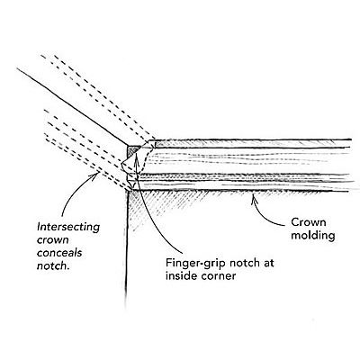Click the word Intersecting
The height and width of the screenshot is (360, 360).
[x=68, y=227]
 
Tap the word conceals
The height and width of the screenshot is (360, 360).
[x=59, y=253]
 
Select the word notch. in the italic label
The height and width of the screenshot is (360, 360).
[x=53, y=265]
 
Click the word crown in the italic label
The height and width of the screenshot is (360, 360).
[x=52, y=240]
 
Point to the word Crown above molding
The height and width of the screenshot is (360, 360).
[x=308, y=222]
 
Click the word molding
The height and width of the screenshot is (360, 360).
[x=313, y=236]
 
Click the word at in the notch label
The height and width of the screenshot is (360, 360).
[x=267, y=264]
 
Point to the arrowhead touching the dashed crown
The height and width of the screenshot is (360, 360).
[x=95, y=175]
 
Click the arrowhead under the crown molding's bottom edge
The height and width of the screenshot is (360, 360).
[x=254, y=198]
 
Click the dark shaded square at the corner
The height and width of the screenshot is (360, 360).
[x=133, y=150]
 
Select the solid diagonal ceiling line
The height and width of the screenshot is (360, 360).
[x=72, y=107]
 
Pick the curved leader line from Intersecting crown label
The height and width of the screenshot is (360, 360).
[x=72, y=192]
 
